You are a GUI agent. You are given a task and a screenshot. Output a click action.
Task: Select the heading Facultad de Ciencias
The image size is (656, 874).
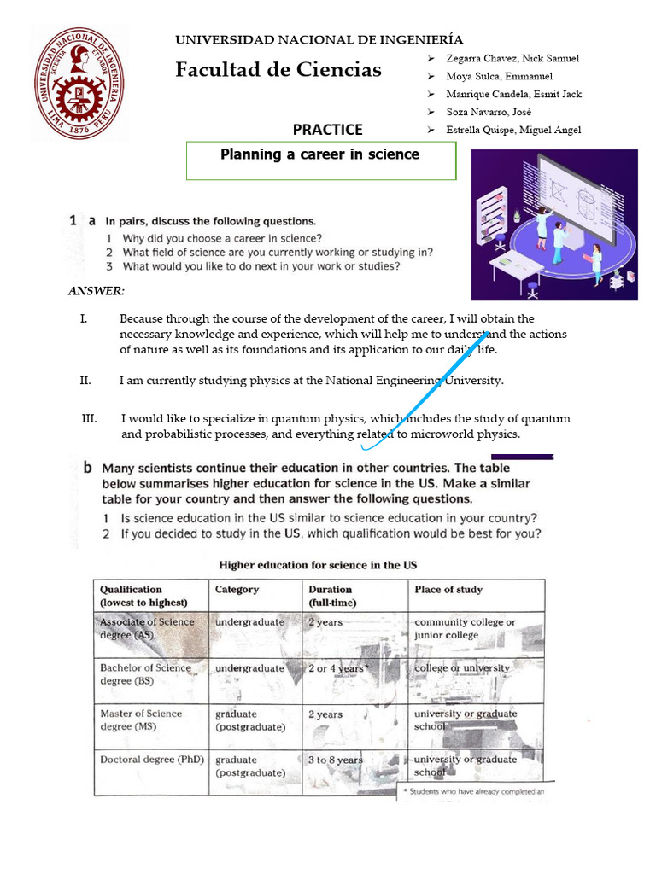pyautogui.click(x=278, y=70)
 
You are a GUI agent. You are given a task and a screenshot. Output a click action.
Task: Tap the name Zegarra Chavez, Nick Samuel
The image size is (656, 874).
pyautogui.click(x=512, y=58)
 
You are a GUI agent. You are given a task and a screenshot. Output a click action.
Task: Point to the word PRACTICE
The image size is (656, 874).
pyautogui.click(x=327, y=130)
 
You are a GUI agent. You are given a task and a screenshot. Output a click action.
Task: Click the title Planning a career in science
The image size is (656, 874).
pyautogui.click(x=320, y=154)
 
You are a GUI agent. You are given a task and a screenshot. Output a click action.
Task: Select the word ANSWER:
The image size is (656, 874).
pyautogui.click(x=97, y=291)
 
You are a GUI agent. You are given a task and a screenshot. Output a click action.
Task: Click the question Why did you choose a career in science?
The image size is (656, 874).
pyautogui.click(x=222, y=239)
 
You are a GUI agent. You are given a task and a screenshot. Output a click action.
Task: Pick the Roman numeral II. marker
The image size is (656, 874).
pyautogui.click(x=85, y=381)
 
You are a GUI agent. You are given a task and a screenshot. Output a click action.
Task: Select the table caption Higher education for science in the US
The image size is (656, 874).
pyautogui.click(x=318, y=565)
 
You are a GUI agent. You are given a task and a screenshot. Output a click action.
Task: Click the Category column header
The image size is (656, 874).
pyautogui.click(x=237, y=590)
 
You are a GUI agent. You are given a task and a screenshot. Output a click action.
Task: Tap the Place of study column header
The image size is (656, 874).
pyautogui.click(x=448, y=590)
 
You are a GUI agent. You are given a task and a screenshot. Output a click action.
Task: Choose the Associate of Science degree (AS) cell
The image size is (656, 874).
pyautogui.click(x=147, y=628)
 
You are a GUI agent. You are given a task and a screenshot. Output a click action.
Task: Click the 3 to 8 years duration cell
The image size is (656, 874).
pyautogui.click(x=335, y=760)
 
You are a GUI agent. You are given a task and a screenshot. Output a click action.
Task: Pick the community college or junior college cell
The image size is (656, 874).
pyautogui.click(x=465, y=628)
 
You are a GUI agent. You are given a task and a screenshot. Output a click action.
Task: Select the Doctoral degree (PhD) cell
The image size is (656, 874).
pyautogui.click(x=152, y=760)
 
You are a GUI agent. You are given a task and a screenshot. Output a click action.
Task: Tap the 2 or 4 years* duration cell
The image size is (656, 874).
pyautogui.click(x=338, y=668)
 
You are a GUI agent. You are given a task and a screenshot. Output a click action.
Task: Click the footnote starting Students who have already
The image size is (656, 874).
pyautogui.click(x=473, y=792)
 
